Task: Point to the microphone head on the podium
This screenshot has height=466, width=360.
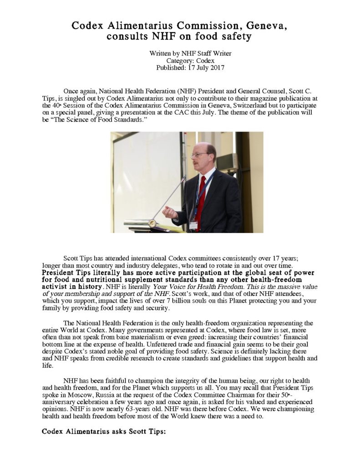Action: (x=152, y=223)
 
